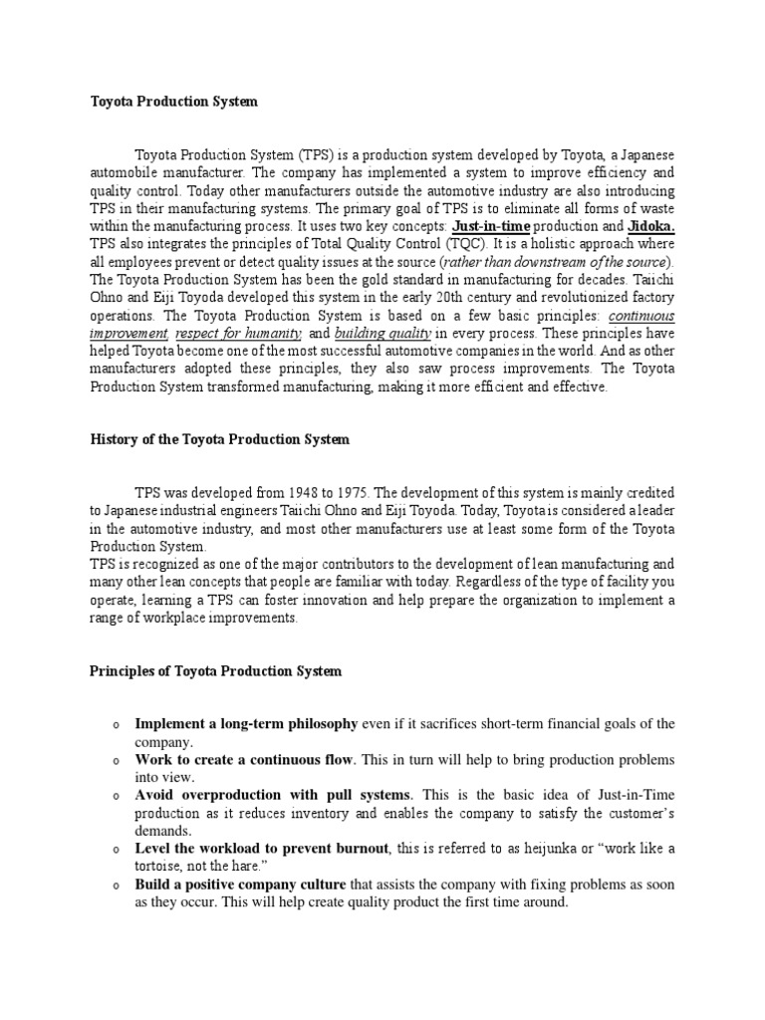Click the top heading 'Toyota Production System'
click(173, 102)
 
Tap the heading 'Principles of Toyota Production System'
click(216, 671)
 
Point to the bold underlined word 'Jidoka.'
click(651, 227)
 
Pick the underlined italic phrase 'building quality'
click(382, 333)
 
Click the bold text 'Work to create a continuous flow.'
click(245, 759)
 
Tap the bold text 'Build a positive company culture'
click(240, 885)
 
